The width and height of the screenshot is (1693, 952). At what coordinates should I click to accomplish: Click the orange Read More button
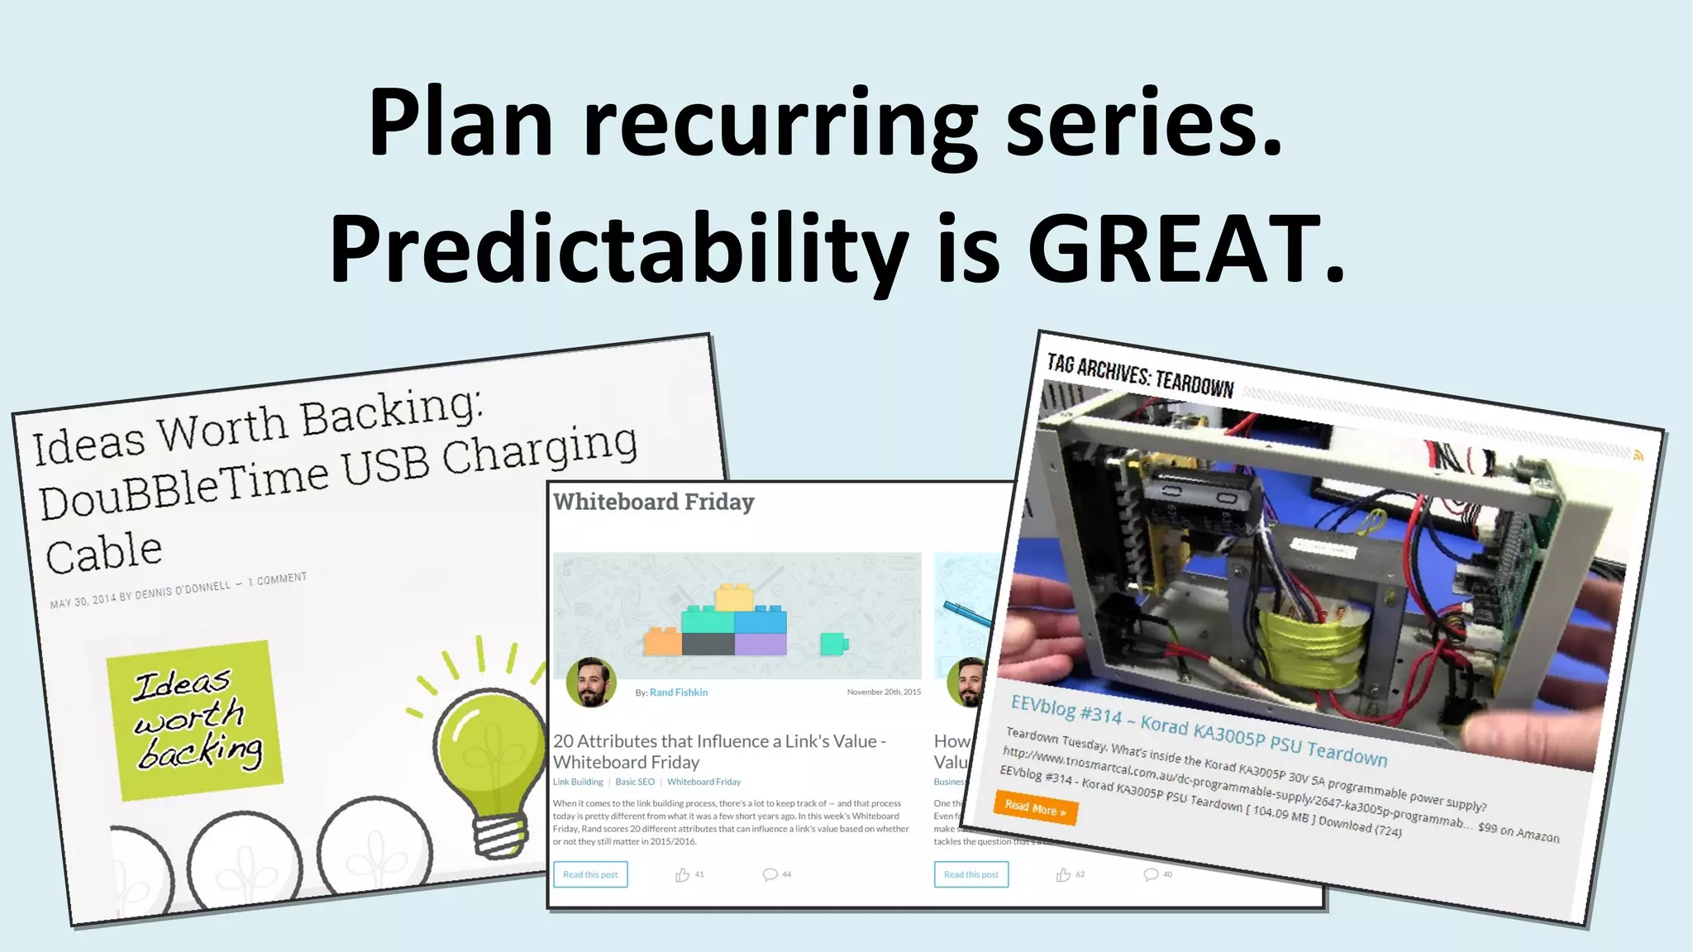pyautogui.click(x=1035, y=808)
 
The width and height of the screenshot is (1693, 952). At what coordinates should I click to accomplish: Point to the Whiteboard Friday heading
pyautogui.click(x=653, y=502)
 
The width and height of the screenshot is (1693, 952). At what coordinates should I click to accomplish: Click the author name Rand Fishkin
pyautogui.click(x=678, y=693)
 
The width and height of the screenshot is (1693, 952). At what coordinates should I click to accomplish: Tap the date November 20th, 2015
pyautogui.click(x=883, y=693)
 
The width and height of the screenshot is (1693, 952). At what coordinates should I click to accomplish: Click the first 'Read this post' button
pyautogui.click(x=590, y=874)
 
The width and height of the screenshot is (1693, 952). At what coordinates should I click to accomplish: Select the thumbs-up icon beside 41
pyautogui.click(x=682, y=874)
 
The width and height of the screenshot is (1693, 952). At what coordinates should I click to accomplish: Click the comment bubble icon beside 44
pyautogui.click(x=770, y=874)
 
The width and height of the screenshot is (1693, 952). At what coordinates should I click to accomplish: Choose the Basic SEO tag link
pyautogui.click(x=635, y=782)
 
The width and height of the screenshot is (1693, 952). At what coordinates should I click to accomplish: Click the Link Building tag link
pyautogui.click(x=578, y=782)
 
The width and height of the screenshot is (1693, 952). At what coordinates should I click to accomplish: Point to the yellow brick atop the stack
pyautogui.click(x=733, y=597)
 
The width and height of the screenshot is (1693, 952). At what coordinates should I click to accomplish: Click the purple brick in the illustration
pyautogui.click(x=761, y=644)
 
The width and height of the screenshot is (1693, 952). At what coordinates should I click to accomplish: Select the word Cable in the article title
pyautogui.click(x=104, y=553)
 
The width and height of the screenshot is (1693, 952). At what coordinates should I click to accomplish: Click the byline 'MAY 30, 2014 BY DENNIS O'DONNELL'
pyautogui.click(x=141, y=593)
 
